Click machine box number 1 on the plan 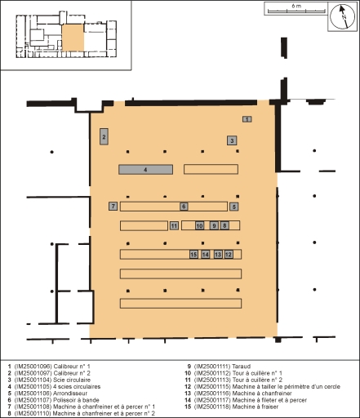click(x=247, y=119)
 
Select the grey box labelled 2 click(x=104, y=136)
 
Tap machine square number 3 click(x=232, y=140)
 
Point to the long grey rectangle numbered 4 click(x=145, y=170)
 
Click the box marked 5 click(x=234, y=207)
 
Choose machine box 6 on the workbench click(x=184, y=207)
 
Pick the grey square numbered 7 click(x=113, y=206)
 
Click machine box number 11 click(x=174, y=225)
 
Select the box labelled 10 click(x=200, y=225)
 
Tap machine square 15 click(x=193, y=255)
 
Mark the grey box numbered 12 click(x=229, y=255)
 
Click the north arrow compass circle click(x=342, y=16)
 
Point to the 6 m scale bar click(x=296, y=11)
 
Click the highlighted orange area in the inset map click(x=73, y=38)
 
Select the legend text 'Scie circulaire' click(x=72, y=380)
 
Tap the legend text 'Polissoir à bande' click(x=76, y=400)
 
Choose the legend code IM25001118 click(x=212, y=407)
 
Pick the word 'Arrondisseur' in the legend click(x=70, y=394)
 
